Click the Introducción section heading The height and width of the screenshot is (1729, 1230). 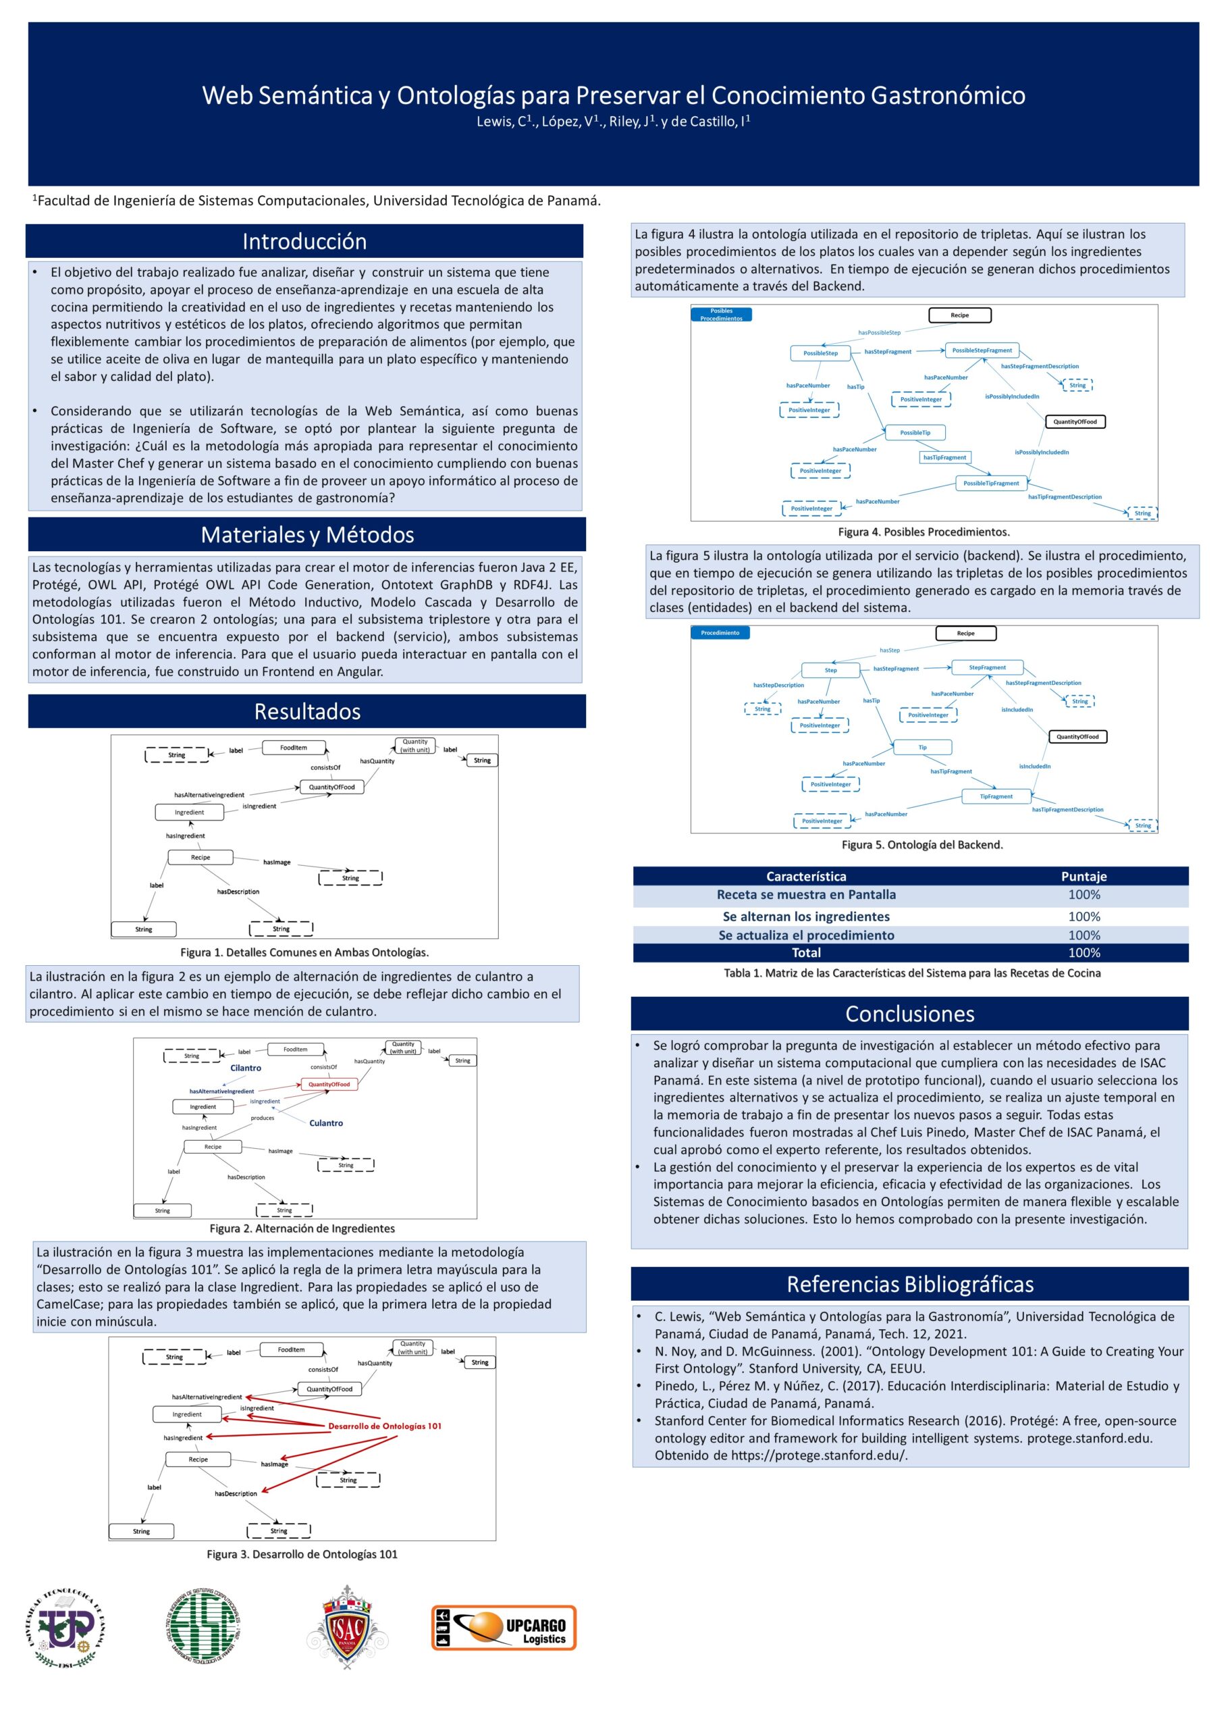point(304,241)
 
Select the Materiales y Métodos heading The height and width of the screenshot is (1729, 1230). point(308,534)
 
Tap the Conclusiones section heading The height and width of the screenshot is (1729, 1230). point(909,1013)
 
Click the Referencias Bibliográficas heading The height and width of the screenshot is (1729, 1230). point(909,1283)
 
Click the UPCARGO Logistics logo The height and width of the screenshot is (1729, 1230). point(504,1627)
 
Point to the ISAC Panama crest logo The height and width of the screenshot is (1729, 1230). point(347,1626)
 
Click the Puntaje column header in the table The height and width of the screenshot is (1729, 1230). point(1084,876)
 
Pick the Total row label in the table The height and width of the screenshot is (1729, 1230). point(806,952)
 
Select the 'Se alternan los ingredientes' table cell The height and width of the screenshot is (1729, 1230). point(806,916)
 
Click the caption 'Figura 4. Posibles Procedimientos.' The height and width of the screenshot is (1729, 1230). point(924,532)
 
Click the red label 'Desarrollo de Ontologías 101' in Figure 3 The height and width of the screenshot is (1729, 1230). point(385,1426)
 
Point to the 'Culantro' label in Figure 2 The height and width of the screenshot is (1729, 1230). point(325,1123)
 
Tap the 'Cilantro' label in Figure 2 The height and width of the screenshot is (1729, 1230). point(246,1068)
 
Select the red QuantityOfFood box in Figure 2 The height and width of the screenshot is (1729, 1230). point(329,1084)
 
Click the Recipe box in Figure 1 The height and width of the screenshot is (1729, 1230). point(200,857)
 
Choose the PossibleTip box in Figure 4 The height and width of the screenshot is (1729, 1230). point(915,433)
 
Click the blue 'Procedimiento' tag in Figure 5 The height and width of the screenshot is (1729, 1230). point(720,633)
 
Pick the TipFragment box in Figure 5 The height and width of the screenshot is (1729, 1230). point(996,796)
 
